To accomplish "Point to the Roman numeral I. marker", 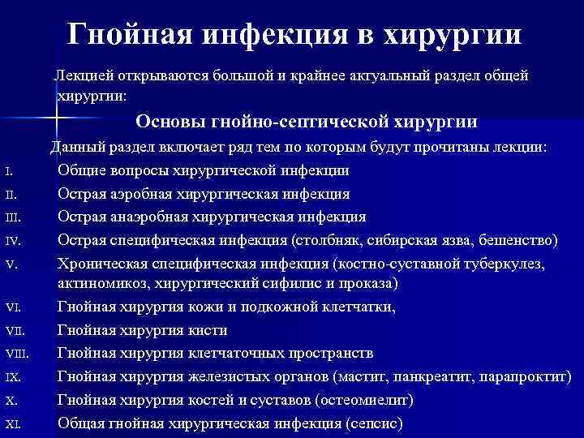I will [7, 172].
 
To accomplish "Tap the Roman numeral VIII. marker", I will [15, 354].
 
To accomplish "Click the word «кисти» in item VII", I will [211, 330].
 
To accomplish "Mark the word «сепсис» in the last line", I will [374, 423].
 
